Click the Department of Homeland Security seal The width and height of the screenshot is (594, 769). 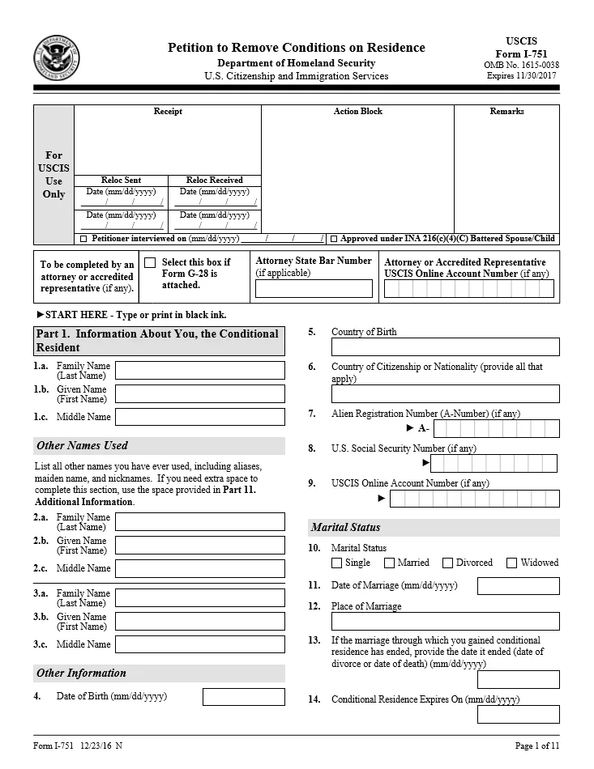tap(57, 59)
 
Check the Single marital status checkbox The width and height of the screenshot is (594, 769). tap(337, 563)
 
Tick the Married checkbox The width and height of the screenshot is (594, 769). tap(389, 563)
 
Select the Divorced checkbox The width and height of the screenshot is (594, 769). tap(447, 563)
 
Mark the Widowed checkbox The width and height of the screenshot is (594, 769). tap(511, 563)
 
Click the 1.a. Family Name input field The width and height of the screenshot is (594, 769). tap(199, 371)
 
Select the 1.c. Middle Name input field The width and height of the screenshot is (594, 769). tap(199, 417)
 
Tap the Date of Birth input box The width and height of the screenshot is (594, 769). tap(243, 697)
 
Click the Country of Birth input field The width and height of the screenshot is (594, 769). tap(445, 347)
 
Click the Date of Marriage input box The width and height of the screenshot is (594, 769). tap(518, 586)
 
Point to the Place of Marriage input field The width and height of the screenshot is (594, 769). tap(445, 622)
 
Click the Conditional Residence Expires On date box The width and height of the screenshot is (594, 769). tap(518, 714)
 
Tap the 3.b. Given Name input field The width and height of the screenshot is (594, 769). tap(199, 622)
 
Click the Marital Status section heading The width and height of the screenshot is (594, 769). tap(346, 528)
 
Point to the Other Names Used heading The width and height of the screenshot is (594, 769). tap(82, 446)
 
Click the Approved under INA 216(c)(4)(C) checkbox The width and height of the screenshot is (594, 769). tap(334, 240)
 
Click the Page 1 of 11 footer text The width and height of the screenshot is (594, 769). tap(536, 746)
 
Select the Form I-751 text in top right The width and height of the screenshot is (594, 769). tap(520, 53)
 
